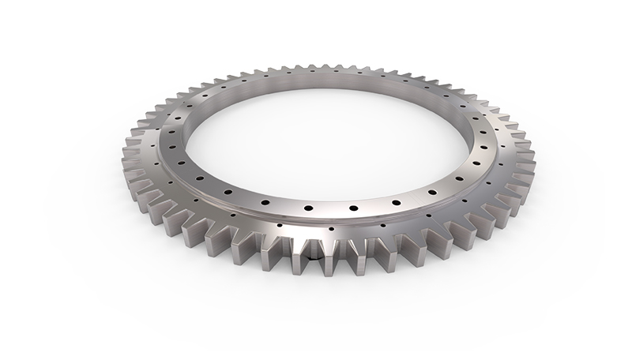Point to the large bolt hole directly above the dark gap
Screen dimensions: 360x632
tap(309, 207)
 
